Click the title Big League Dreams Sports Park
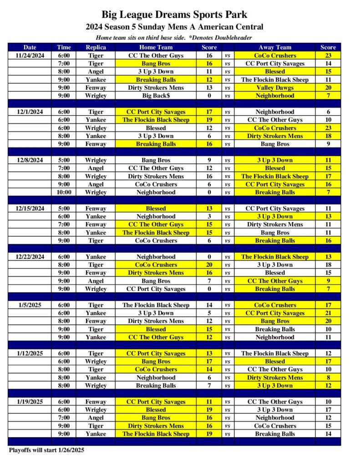click(x=174, y=15)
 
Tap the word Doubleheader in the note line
click(x=234, y=37)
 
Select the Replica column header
click(x=96, y=47)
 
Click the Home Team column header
click(x=156, y=47)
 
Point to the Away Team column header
click(x=275, y=47)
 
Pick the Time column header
click(x=64, y=47)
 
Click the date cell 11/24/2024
click(x=30, y=56)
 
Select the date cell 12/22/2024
click(x=30, y=257)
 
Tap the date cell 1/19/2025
click(x=30, y=402)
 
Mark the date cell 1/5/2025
click(x=30, y=305)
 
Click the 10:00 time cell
click(x=64, y=192)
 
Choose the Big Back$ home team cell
click(x=156, y=96)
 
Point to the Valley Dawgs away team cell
click(x=275, y=88)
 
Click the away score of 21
click(x=328, y=313)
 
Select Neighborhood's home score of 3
click(x=209, y=217)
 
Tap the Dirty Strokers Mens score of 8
click(x=328, y=378)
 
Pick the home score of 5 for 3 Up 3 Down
click(x=209, y=313)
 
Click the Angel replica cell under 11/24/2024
click(x=96, y=71)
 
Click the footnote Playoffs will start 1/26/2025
click(x=46, y=450)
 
